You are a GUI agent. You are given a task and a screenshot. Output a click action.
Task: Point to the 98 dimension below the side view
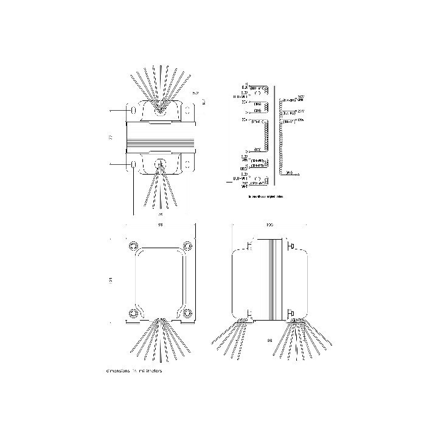coord(269,341)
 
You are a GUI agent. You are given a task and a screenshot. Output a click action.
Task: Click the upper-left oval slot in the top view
coord(133,111)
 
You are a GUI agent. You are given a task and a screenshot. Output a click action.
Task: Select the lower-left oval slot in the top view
coord(133,164)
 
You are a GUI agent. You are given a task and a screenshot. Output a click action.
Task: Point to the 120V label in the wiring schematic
coord(303,122)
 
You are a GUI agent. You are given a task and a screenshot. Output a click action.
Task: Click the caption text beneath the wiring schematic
coord(266,197)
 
